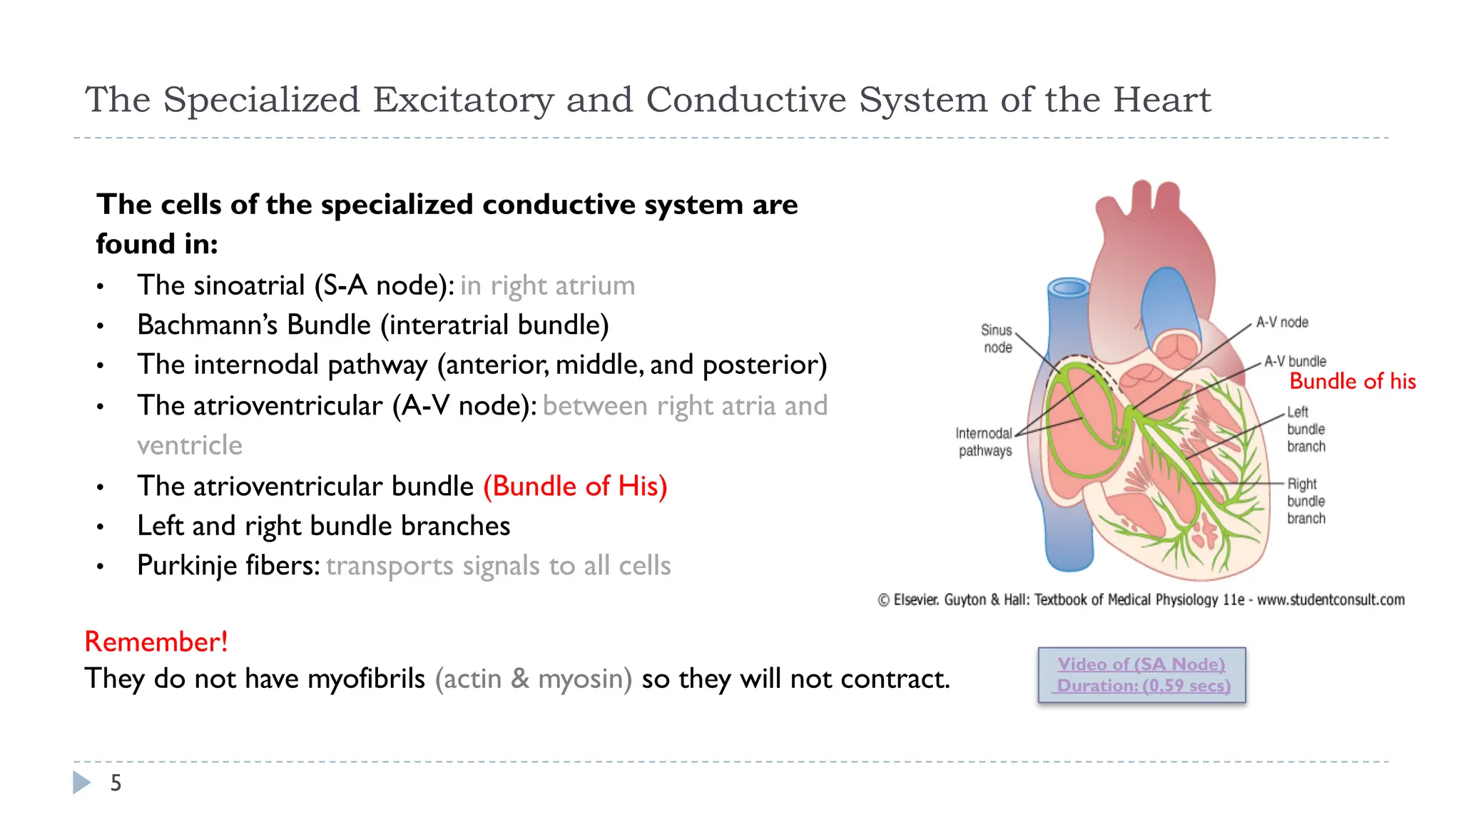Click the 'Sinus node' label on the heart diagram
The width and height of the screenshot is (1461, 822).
[x=997, y=339]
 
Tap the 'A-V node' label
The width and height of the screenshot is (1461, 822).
[x=1282, y=323]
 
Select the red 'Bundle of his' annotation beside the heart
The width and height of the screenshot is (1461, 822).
[x=1352, y=381]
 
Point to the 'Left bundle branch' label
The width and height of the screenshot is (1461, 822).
[x=1305, y=430]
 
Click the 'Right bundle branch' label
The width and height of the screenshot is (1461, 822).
[x=1305, y=502]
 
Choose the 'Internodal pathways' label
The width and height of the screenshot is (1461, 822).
[x=984, y=442]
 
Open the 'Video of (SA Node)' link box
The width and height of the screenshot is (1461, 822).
[x=1141, y=675]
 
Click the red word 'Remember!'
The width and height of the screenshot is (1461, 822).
[x=156, y=641]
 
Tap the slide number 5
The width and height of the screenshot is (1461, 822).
[x=116, y=783]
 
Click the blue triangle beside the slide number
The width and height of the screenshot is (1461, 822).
[x=81, y=783]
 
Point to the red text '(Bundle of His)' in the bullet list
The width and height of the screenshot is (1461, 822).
[x=575, y=486]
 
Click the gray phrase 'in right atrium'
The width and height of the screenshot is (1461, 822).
[x=547, y=285]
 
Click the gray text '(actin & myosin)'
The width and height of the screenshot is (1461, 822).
[x=534, y=679]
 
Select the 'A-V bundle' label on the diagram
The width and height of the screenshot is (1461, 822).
[x=1295, y=361]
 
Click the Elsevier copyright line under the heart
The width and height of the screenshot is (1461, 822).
[x=1141, y=600]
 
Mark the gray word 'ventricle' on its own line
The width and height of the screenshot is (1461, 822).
[x=190, y=445]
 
